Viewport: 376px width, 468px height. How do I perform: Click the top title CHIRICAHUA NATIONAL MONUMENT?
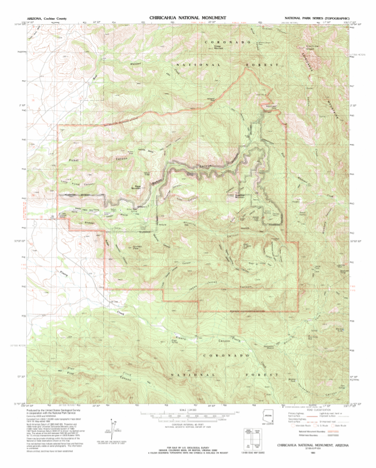point(188,18)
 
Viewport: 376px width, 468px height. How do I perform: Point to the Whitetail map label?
point(136,65)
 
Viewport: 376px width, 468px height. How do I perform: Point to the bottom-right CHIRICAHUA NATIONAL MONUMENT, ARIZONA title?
point(309,446)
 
